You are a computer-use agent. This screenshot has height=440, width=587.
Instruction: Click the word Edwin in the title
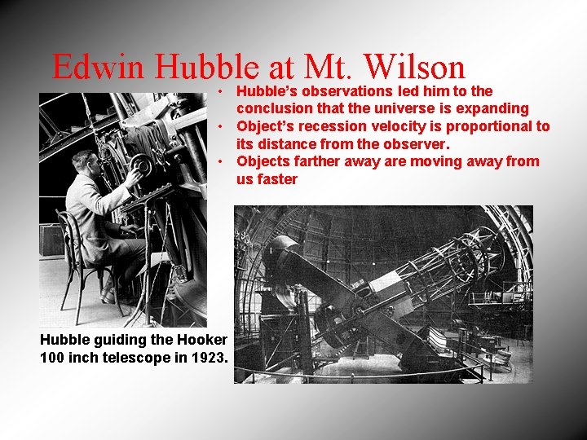click(x=98, y=68)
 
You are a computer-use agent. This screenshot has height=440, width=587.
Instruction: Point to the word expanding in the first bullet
click(x=488, y=108)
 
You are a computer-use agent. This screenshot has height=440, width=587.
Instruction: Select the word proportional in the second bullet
click(x=477, y=126)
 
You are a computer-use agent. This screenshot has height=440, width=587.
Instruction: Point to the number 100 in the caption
click(x=52, y=356)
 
